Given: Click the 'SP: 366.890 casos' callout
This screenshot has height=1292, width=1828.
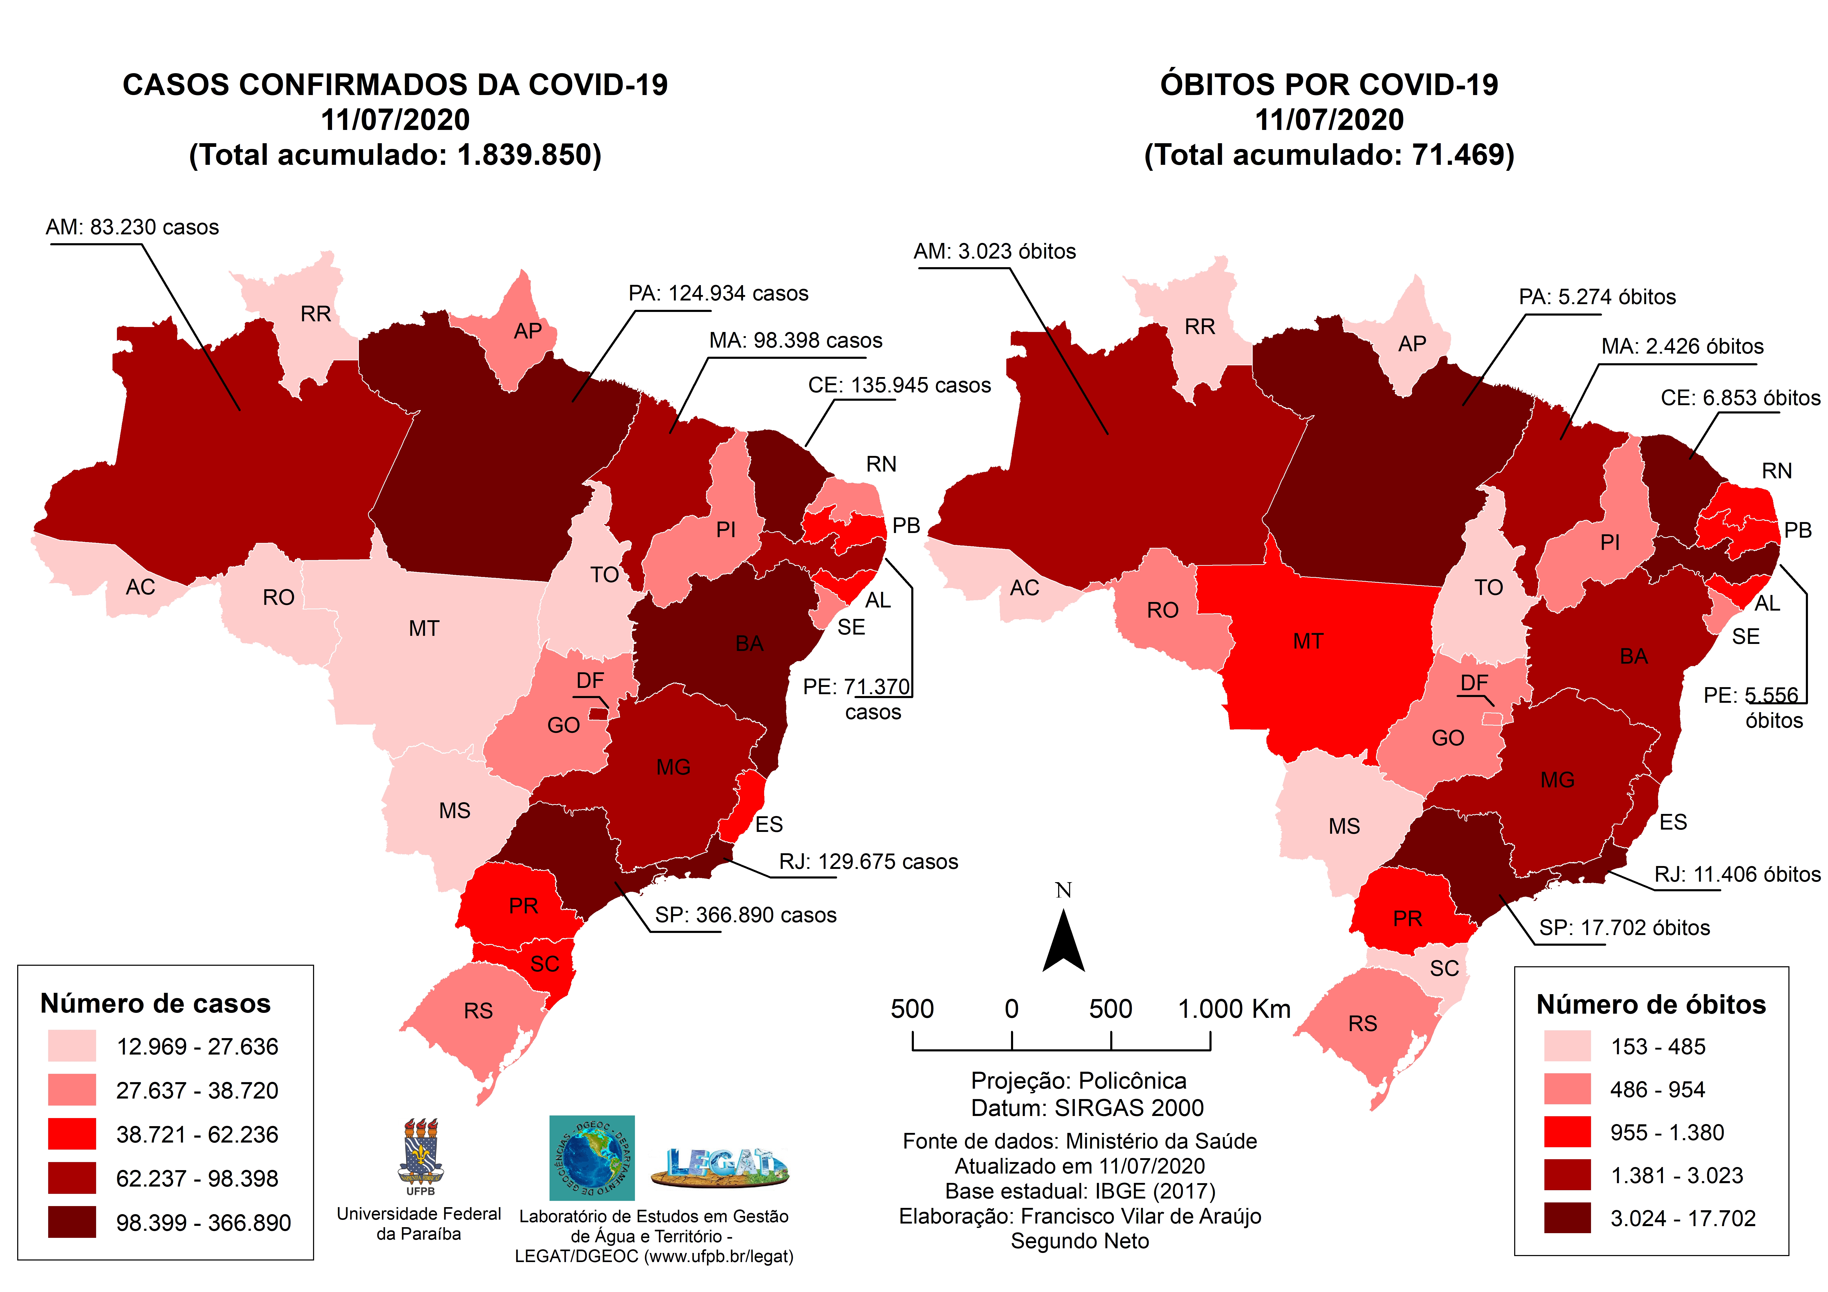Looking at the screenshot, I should [x=745, y=915].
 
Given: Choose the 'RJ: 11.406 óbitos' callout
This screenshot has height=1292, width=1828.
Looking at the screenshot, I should [x=1737, y=874].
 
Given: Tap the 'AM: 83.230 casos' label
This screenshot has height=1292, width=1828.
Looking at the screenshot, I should [x=132, y=227].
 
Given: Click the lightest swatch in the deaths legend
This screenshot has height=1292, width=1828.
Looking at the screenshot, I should [x=1567, y=1046].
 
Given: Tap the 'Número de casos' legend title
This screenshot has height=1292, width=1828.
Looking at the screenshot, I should [x=155, y=1003].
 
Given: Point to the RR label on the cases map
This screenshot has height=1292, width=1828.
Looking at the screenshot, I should [x=315, y=314].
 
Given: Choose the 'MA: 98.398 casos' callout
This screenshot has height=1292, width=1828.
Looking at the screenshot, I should [x=795, y=341].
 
